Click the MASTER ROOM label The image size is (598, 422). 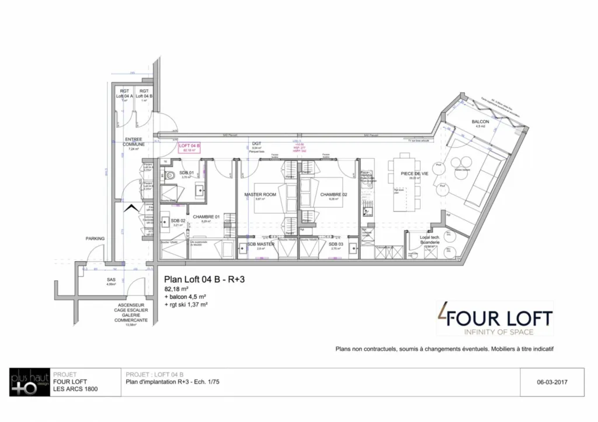pyautogui.click(x=260, y=194)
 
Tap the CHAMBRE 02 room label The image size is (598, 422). pyautogui.click(x=334, y=194)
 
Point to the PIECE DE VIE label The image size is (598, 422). pyautogui.click(x=415, y=174)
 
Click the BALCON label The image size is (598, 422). pyautogui.click(x=480, y=121)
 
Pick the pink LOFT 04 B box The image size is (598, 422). pyautogui.click(x=190, y=147)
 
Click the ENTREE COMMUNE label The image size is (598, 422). pyautogui.click(x=134, y=142)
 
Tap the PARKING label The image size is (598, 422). pyautogui.click(x=95, y=238)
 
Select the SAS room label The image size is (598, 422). pyautogui.click(x=111, y=280)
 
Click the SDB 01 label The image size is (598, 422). pyautogui.click(x=186, y=173)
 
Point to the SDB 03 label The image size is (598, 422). pyautogui.click(x=335, y=244)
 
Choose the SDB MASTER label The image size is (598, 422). pyautogui.click(x=260, y=244)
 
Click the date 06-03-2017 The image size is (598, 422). pyautogui.click(x=552, y=383)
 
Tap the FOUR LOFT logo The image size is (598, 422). pyautogui.click(x=495, y=319)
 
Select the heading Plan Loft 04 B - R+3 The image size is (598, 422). pyautogui.click(x=204, y=279)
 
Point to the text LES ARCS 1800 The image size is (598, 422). pyautogui.click(x=75, y=389)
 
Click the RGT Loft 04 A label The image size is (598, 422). pyautogui.click(x=124, y=93)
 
